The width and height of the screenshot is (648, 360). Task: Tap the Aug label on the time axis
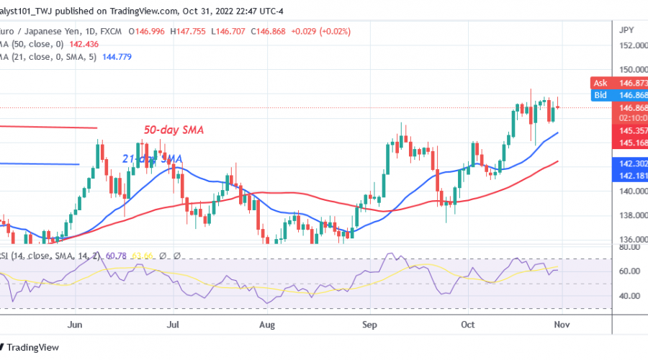266,325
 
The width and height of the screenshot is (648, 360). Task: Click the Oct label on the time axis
467,325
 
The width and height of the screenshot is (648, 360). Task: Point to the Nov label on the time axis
561,325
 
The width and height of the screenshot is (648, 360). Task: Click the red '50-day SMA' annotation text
174,130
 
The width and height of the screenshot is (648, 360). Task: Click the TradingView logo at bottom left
32,346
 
